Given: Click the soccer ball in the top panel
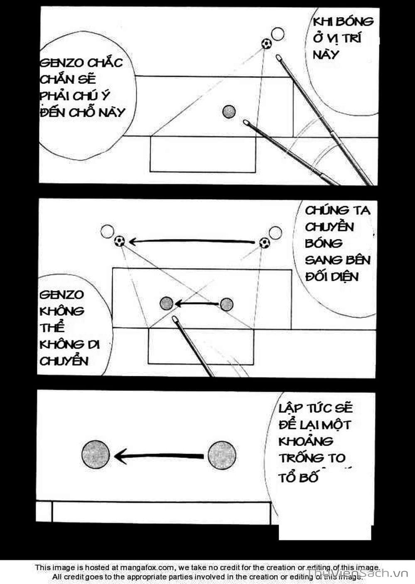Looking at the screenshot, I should (266, 43).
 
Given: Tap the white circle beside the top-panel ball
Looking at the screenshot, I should (277, 34).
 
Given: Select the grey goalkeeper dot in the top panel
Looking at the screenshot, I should (229, 111).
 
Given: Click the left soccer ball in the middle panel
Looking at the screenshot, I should (119, 241).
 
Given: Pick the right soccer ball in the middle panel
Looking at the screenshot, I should (265, 243).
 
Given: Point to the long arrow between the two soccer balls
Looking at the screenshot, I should (191, 241).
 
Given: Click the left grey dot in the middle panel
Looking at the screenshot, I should (167, 303).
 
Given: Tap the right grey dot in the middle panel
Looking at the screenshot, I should (226, 304).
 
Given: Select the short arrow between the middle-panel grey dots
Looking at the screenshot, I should (196, 304).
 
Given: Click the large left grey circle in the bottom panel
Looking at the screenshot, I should (96, 454).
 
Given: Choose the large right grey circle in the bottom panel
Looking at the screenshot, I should (222, 456).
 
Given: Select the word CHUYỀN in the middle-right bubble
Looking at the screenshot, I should (329, 227).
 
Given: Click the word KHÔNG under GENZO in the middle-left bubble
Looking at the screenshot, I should (62, 311).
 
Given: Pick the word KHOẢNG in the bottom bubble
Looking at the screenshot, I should (306, 441).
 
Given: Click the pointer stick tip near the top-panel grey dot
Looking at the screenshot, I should (246, 123).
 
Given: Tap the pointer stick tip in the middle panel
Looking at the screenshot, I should (175, 319).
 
